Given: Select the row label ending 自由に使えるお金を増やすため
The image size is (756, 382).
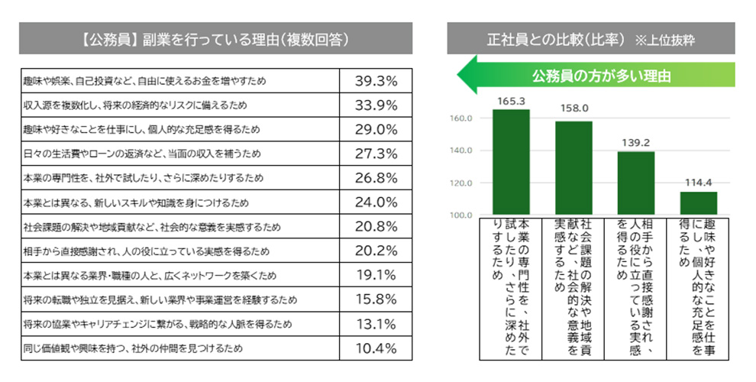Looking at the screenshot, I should pos(144,80).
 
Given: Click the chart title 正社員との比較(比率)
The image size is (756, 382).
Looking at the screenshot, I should pos(557,38).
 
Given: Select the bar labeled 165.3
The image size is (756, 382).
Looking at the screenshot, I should pos(511,162).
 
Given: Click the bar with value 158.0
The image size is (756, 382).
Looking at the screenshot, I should pos(573,168).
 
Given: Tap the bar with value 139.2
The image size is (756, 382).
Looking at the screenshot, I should pos(636,183).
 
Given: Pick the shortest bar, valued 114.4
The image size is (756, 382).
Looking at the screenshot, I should pos(699,203).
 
